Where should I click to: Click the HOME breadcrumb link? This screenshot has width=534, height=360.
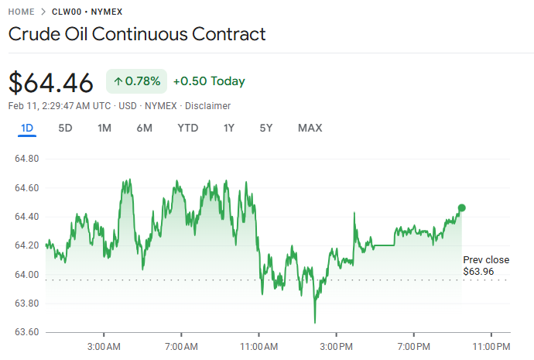[x=22, y=12]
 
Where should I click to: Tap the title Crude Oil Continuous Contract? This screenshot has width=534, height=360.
[x=137, y=34]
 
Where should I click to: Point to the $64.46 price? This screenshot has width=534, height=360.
[x=51, y=81]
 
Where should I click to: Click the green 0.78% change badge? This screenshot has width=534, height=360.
[x=136, y=81]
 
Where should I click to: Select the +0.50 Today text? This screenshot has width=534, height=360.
[x=209, y=81]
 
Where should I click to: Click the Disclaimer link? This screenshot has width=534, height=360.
[x=207, y=105]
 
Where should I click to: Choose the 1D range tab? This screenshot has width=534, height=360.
[x=27, y=128]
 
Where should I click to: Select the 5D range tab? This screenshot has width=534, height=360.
[x=66, y=128]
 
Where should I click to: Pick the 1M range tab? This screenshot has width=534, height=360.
[x=104, y=128]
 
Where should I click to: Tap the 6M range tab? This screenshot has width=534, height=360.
[x=144, y=128]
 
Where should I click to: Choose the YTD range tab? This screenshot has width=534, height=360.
[x=188, y=128]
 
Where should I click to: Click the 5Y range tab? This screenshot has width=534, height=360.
[x=266, y=128]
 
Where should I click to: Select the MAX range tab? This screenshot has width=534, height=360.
[x=310, y=128]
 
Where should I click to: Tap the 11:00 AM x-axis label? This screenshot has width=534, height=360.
[x=258, y=345]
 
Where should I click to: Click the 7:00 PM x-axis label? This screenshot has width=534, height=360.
[x=413, y=345]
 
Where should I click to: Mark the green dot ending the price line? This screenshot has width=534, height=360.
[x=462, y=207]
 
